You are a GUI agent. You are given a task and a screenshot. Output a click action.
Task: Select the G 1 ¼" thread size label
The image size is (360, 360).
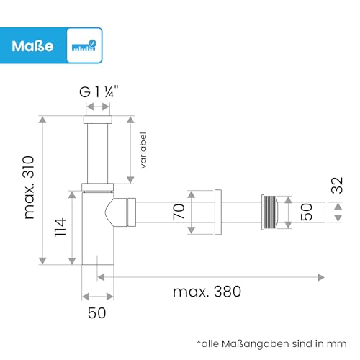[99, 92]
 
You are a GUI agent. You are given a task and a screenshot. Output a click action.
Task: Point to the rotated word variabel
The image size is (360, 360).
[144, 150]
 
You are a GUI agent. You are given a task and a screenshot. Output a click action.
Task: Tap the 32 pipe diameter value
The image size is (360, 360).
[337, 185]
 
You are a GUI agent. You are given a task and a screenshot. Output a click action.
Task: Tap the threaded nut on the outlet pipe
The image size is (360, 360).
[268, 212]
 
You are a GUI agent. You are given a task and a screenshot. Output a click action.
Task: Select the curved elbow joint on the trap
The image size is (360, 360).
[116, 212]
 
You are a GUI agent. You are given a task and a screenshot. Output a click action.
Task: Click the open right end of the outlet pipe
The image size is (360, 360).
[323, 212]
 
